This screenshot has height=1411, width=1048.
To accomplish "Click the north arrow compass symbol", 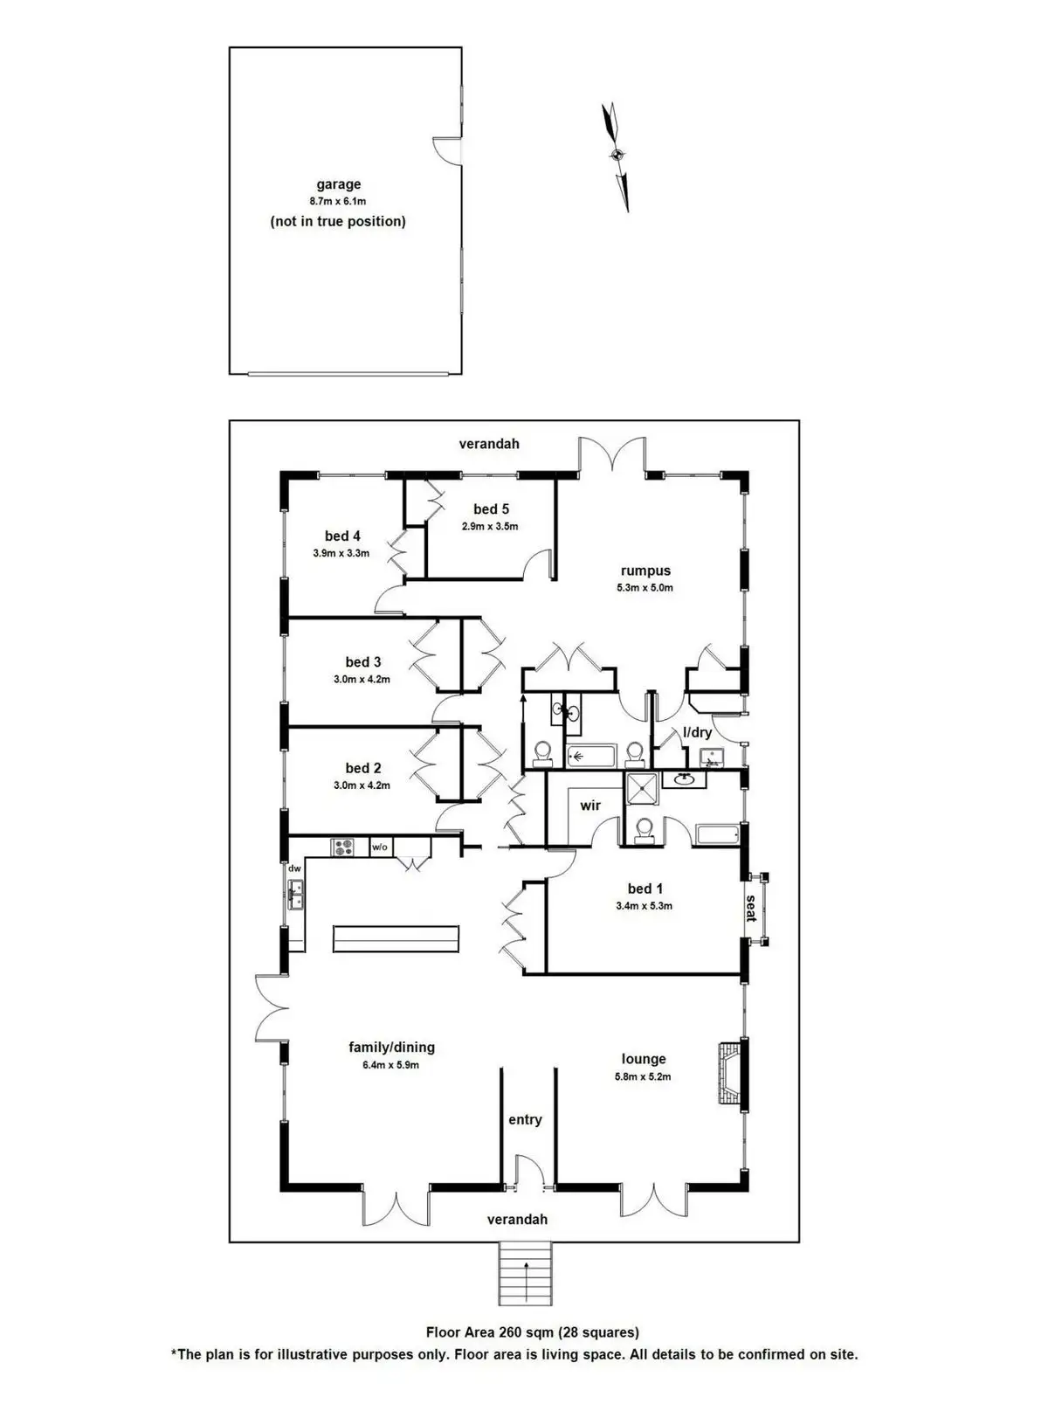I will (x=617, y=156).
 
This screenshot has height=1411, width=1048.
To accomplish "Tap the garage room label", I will (x=338, y=184).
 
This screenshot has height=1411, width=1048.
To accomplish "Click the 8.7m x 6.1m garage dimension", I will (x=338, y=201).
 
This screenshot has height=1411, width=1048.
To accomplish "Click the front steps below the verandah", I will (x=526, y=1276).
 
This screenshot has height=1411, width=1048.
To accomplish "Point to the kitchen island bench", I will (x=396, y=938).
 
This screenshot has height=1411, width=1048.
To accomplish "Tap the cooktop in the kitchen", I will (x=342, y=847).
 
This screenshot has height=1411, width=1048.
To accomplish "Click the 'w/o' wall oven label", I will (x=380, y=847).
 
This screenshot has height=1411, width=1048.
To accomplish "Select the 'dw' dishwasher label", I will (x=294, y=868).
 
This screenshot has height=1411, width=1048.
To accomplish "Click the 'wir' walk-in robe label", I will (x=590, y=806).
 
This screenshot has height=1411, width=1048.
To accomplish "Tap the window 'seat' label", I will (x=751, y=908).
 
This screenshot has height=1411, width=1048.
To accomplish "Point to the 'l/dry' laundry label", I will (x=697, y=732).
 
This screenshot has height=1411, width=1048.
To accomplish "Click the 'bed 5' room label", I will (x=491, y=508).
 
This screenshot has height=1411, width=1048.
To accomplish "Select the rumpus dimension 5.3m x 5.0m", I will (x=645, y=588).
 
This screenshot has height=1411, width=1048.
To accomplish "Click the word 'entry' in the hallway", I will (x=525, y=1119).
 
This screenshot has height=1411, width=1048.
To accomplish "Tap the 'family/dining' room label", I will (x=391, y=1047).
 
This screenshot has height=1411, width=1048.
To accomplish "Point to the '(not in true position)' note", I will (x=338, y=221).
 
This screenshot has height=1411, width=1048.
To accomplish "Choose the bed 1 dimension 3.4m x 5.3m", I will (x=644, y=906).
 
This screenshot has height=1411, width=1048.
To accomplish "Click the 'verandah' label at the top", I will (x=489, y=444).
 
